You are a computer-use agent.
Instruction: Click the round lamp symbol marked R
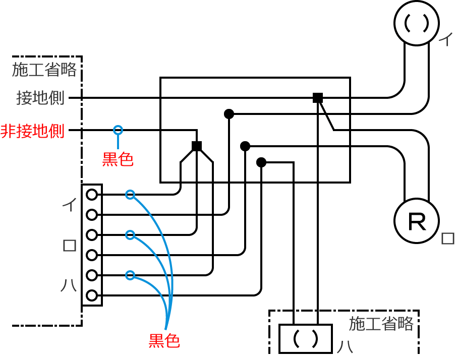click(x=417, y=221)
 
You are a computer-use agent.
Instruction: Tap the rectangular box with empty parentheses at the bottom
click(x=306, y=339)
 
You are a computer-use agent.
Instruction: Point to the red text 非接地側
click(x=33, y=131)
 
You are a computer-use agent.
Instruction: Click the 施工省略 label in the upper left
click(x=44, y=70)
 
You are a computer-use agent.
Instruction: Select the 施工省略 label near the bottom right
click(x=381, y=324)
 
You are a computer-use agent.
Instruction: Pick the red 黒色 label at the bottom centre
click(x=164, y=341)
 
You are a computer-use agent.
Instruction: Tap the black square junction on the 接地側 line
click(x=318, y=98)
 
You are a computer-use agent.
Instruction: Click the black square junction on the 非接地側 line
click(x=197, y=146)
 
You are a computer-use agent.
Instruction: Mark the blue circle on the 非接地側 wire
click(x=118, y=130)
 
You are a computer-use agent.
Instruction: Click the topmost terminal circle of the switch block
click(x=92, y=195)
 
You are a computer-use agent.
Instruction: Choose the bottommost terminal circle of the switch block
click(x=92, y=295)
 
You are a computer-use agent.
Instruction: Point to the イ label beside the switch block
click(x=69, y=204)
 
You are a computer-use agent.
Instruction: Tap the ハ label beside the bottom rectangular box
click(x=345, y=347)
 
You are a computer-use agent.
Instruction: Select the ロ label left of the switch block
click(x=69, y=246)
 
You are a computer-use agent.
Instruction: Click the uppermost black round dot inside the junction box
click(x=229, y=114)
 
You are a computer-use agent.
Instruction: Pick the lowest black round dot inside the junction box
click(x=261, y=162)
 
